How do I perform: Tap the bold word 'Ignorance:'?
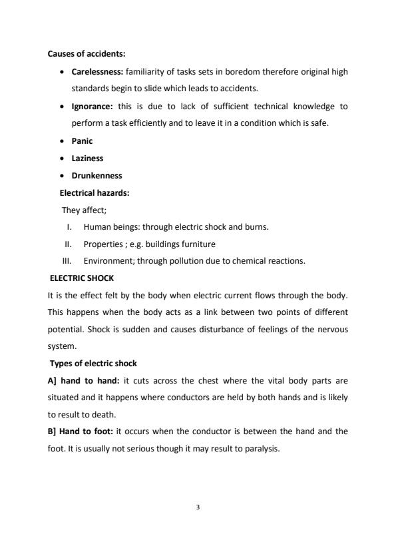93,106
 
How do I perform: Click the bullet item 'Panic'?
82,141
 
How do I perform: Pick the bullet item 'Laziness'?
87,158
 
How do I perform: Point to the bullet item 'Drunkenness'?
97,176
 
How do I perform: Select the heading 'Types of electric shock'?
93,363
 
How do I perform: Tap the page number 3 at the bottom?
198,507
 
